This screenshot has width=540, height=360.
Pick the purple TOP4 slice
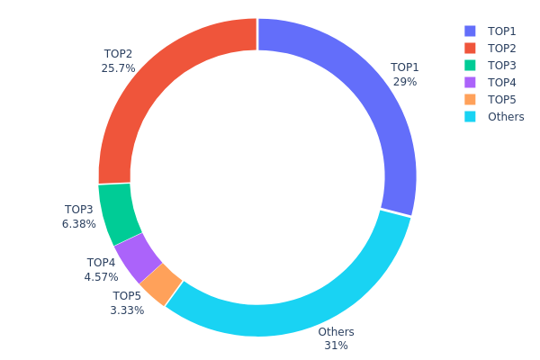(138, 256)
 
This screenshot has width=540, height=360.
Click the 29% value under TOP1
(404, 82)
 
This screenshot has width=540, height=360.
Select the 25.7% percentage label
(119, 68)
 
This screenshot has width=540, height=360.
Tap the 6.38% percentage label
(79, 224)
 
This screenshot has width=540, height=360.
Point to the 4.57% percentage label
(101, 277)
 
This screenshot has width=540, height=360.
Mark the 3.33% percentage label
(127, 310)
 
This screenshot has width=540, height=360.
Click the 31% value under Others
(336, 346)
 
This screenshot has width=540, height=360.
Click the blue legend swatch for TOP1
(469, 31)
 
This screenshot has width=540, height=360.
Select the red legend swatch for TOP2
(469, 48)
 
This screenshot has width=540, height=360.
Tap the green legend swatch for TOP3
(469, 65)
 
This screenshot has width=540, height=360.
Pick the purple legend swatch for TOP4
(469, 82)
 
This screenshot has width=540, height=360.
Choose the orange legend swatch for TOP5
(469, 99)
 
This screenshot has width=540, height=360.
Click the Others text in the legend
(505, 116)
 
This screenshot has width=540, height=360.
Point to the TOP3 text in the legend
(501, 65)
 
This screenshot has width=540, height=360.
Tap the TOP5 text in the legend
(501, 99)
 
